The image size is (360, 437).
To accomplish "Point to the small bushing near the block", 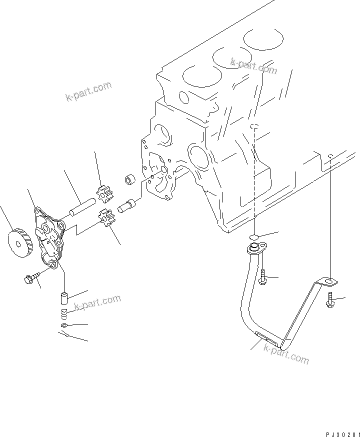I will pos(129,179).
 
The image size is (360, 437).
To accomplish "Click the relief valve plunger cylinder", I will pos(65,299).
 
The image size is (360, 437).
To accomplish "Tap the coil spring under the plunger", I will pos(64,314).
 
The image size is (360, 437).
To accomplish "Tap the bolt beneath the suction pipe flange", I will pos(261,277).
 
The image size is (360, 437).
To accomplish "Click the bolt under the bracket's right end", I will pos(331,301).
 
